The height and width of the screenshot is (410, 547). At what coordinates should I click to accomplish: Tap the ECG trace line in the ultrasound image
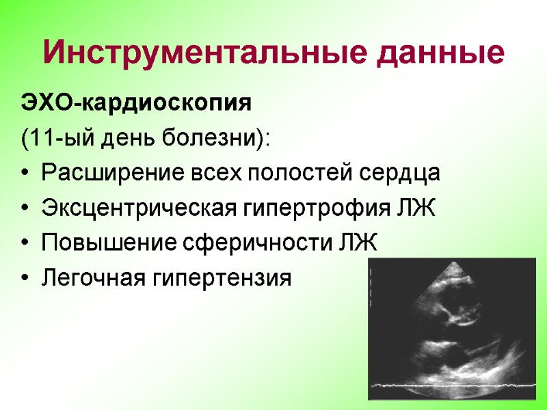tap(451, 387)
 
